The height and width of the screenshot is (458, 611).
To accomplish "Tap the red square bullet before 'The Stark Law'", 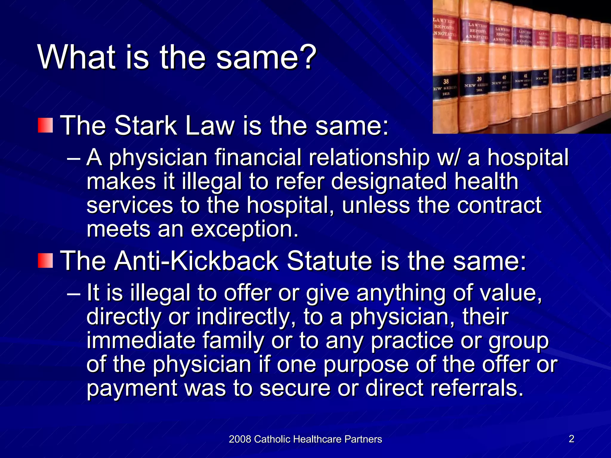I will (x=45, y=125).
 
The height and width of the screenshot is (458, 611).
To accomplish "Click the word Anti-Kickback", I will (x=197, y=261).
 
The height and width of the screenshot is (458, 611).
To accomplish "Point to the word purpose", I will (x=366, y=365).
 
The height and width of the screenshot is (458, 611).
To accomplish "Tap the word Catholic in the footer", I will (x=273, y=439).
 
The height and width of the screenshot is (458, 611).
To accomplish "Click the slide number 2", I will (x=572, y=439).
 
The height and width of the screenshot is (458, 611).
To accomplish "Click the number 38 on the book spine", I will (x=446, y=81).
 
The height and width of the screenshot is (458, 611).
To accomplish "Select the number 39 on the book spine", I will (x=479, y=79).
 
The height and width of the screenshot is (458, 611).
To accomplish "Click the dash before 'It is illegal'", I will (x=73, y=293).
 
